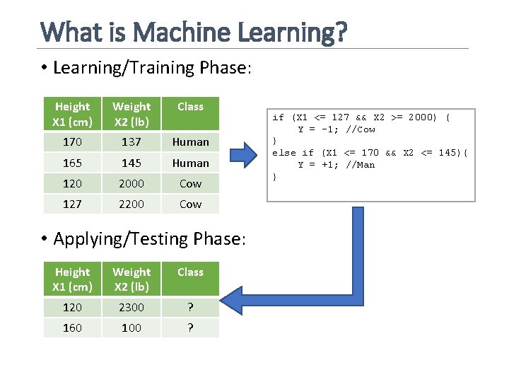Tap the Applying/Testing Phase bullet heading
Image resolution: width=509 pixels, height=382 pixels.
148,239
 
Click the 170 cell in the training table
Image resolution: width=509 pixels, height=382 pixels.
72,141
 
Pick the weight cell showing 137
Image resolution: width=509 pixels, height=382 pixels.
131,141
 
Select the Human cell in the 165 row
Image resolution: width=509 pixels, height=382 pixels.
190,163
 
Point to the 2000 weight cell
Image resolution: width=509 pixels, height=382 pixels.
131,183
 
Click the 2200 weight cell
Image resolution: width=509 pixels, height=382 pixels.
131,204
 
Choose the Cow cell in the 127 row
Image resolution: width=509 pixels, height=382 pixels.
190,204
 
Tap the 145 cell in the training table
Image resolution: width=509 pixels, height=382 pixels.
131,163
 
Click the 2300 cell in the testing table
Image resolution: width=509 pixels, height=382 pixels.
131,307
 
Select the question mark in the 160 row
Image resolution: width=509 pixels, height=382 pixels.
190,328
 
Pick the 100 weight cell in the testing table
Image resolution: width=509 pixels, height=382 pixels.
131,328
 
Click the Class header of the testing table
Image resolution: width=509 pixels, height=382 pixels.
190,272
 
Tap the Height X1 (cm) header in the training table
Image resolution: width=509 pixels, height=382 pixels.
72,113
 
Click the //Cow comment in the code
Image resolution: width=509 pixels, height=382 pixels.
361,129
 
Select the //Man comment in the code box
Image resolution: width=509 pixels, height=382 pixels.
361,165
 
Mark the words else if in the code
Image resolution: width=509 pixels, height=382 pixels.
293,153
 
